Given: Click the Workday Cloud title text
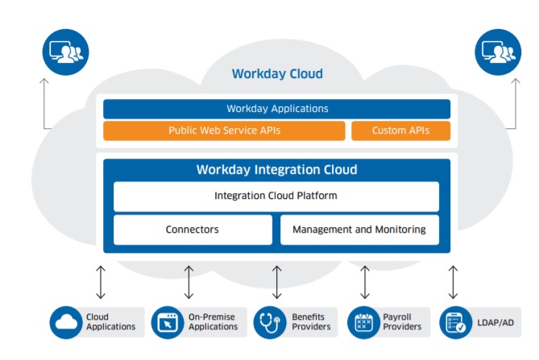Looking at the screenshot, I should (277, 74).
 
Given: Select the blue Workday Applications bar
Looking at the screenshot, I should (276, 109).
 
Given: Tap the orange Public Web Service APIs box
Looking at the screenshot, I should (224, 130).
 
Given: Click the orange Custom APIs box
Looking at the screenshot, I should (400, 130).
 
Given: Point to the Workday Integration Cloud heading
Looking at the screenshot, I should (276, 170).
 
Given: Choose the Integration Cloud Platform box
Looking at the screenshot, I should (276, 196).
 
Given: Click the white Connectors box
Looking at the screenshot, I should (193, 230).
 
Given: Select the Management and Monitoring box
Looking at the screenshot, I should (359, 230).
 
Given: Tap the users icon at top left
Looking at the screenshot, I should (65, 52).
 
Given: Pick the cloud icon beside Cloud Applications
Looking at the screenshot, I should (65, 322).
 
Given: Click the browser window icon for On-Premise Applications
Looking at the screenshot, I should (168, 322).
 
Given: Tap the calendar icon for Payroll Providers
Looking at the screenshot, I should (363, 322).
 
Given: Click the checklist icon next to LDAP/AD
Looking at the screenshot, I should (456, 322).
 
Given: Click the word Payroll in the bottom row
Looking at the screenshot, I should (398, 317).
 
